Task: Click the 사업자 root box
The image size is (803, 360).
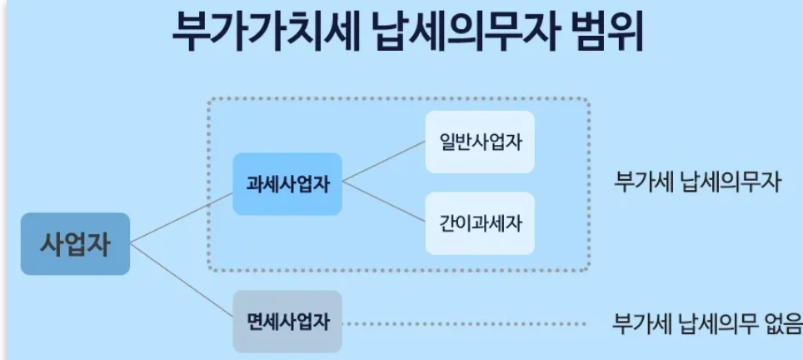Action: click(75, 244)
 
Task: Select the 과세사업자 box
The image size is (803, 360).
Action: click(287, 184)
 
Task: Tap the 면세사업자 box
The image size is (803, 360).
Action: click(287, 321)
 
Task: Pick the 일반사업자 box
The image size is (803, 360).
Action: click(480, 142)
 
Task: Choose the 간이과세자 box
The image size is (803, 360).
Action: click(480, 223)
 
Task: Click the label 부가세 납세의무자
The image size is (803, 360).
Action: click(697, 182)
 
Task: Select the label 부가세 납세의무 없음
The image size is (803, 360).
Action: click(707, 322)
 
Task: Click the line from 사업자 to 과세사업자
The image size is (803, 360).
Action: click(182, 217)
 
